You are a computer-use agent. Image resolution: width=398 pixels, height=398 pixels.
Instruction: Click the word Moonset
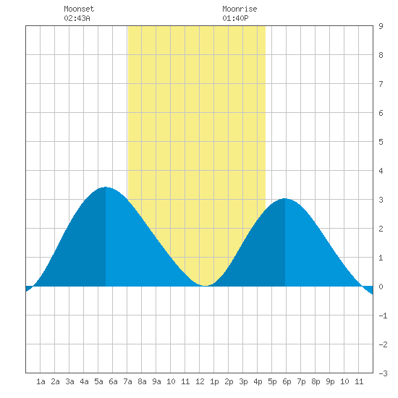[x=79, y=9]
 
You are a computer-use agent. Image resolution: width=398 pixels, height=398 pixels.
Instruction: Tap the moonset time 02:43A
[x=77, y=18]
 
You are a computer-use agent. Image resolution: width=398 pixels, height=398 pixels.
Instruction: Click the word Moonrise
[x=240, y=9]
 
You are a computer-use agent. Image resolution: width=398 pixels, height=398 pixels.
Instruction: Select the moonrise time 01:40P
[x=235, y=18]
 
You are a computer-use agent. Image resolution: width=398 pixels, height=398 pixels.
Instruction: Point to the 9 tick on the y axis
[x=381, y=26]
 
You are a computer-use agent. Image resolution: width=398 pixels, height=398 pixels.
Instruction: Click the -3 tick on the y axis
[x=383, y=373]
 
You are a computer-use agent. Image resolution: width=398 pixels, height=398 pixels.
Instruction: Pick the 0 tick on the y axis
[x=381, y=287]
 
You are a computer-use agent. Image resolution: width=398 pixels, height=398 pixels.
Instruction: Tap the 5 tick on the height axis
[x=381, y=142]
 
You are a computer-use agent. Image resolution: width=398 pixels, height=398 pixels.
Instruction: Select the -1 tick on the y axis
[x=383, y=316]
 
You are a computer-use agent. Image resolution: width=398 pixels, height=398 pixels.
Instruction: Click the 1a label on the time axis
[x=41, y=381]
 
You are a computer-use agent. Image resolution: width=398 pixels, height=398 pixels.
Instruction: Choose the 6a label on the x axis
[x=113, y=381]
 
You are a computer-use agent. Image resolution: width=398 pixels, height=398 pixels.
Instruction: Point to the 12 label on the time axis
[x=200, y=381]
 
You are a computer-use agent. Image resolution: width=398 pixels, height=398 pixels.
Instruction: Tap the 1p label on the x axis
[x=214, y=381]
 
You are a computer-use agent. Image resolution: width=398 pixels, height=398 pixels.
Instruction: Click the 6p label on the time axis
[x=287, y=381]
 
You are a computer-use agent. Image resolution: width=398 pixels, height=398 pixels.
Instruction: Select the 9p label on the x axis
[x=330, y=381]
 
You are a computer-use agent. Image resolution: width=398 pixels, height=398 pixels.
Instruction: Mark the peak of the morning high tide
[x=106, y=187]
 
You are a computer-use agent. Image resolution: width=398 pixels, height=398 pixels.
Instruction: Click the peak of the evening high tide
[x=285, y=198]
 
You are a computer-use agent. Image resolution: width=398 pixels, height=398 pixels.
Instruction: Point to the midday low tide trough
[x=205, y=286]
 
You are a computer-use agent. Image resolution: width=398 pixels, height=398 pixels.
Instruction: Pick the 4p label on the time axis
[x=258, y=381]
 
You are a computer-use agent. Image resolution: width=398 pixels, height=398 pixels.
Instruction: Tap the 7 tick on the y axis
[x=381, y=84]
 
